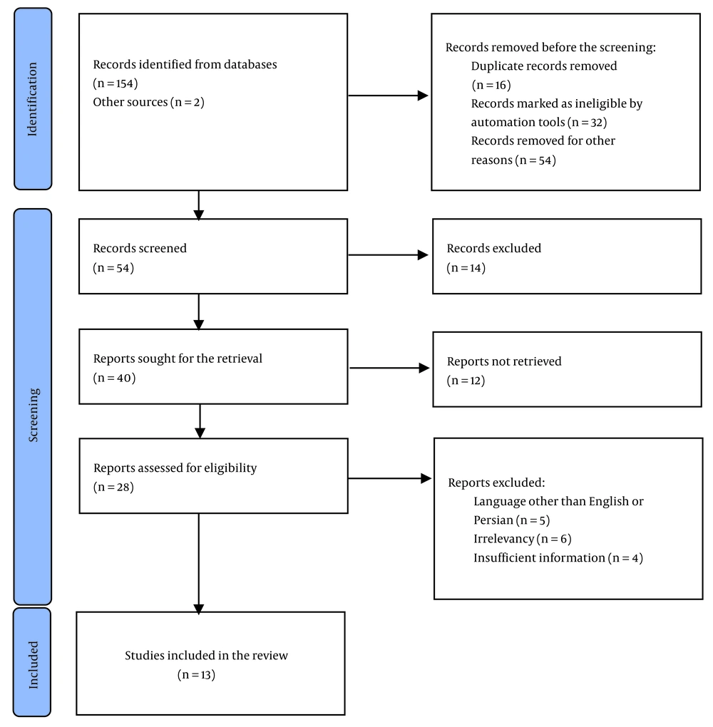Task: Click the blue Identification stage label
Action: (x=33, y=99)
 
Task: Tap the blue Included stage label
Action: (x=32, y=663)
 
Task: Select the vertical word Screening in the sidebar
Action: (x=34, y=415)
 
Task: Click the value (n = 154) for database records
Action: (x=115, y=83)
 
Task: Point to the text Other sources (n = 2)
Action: (x=148, y=102)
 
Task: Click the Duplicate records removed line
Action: (x=544, y=66)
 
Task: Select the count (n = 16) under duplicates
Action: (x=491, y=85)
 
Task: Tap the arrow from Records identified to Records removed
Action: (x=388, y=96)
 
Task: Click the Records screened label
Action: (x=140, y=248)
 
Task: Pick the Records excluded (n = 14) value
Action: (x=466, y=268)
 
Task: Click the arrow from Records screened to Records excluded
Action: (x=388, y=254)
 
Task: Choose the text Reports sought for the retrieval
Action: (x=178, y=359)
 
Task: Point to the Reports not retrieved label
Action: (x=504, y=361)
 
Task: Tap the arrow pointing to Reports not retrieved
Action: (x=389, y=368)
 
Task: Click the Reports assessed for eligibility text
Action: (x=175, y=468)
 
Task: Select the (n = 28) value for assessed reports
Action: (x=113, y=487)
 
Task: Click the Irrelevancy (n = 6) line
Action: (x=523, y=539)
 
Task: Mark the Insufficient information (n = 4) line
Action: (x=558, y=558)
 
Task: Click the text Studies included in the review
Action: (x=206, y=655)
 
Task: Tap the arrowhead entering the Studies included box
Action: (x=198, y=609)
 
